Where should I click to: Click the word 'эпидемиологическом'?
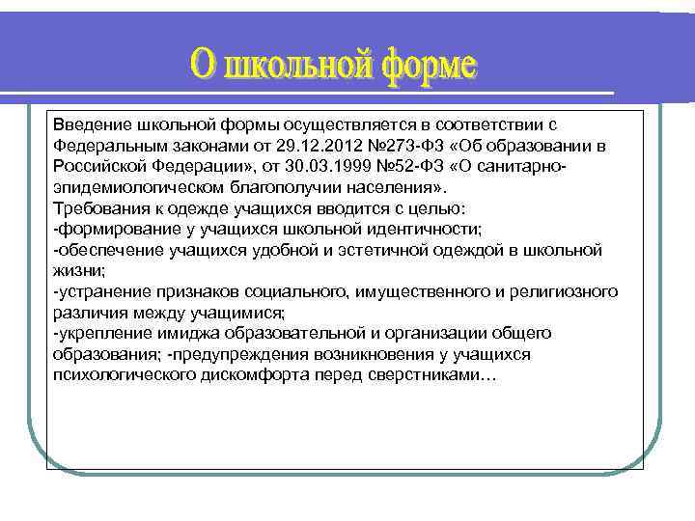pyautogui.click(x=125, y=187)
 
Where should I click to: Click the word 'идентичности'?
pyautogui.click(x=433, y=229)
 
